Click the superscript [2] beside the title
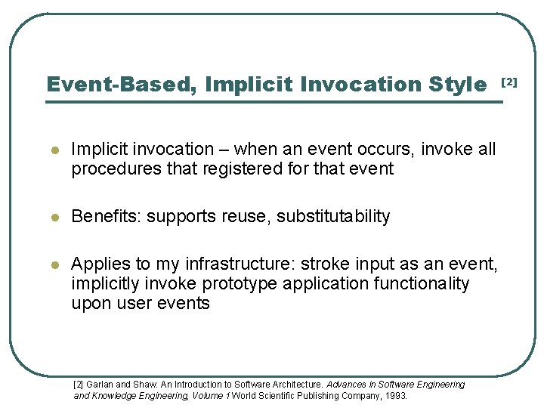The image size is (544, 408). [x=510, y=81]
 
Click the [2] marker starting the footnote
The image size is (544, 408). [x=79, y=385]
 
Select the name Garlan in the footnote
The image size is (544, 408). [x=99, y=385]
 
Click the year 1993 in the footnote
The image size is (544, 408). [x=396, y=395]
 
